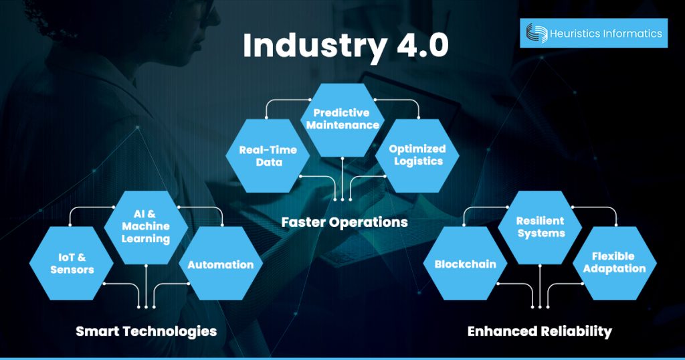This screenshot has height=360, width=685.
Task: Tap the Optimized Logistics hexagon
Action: [x=417, y=155]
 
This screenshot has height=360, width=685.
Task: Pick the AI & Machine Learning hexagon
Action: [x=146, y=228]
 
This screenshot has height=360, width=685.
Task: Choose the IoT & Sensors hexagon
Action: [x=72, y=264]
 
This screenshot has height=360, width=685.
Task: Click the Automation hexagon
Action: [x=220, y=264]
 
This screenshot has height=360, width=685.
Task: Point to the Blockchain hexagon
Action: [x=465, y=264]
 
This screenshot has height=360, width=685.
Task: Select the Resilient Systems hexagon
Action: [x=540, y=227]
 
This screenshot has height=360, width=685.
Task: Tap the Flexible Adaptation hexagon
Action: [x=613, y=263]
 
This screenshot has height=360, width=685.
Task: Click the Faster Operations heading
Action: [x=344, y=221]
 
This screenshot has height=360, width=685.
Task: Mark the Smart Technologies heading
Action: [x=146, y=331]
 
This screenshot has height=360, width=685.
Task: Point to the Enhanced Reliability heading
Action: [x=539, y=331]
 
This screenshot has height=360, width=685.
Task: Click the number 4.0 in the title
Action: [x=416, y=46]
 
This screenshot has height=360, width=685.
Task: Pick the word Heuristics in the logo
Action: [x=571, y=33]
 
